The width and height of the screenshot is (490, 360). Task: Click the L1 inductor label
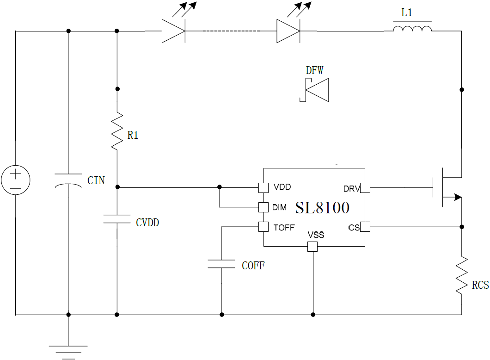point(407,13)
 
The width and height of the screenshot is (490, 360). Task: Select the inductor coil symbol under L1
point(412,30)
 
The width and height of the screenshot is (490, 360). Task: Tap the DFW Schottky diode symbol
point(316,89)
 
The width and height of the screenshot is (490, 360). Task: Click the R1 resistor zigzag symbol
point(117,131)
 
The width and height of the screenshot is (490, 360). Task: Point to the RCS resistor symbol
point(461,276)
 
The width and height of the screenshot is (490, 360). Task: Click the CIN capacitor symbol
point(68,180)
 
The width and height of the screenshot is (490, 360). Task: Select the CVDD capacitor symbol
point(117,219)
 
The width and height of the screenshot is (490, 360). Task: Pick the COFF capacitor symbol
point(221,264)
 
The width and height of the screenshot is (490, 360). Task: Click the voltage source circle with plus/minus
point(16,180)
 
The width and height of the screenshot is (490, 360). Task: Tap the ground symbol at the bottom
point(68,351)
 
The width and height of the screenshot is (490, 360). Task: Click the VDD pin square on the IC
point(263,187)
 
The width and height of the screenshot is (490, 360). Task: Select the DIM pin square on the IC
point(263,207)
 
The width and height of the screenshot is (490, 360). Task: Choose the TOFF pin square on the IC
point(263,227)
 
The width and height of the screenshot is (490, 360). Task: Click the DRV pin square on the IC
point(365,188)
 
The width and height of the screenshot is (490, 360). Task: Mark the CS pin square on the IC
point(365,227)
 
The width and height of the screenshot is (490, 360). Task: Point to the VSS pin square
point(313,247)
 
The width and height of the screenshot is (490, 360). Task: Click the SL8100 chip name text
point(322,208)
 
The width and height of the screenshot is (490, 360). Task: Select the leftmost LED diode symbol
point(173,31)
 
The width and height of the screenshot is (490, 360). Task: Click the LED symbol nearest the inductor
point(288,31)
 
